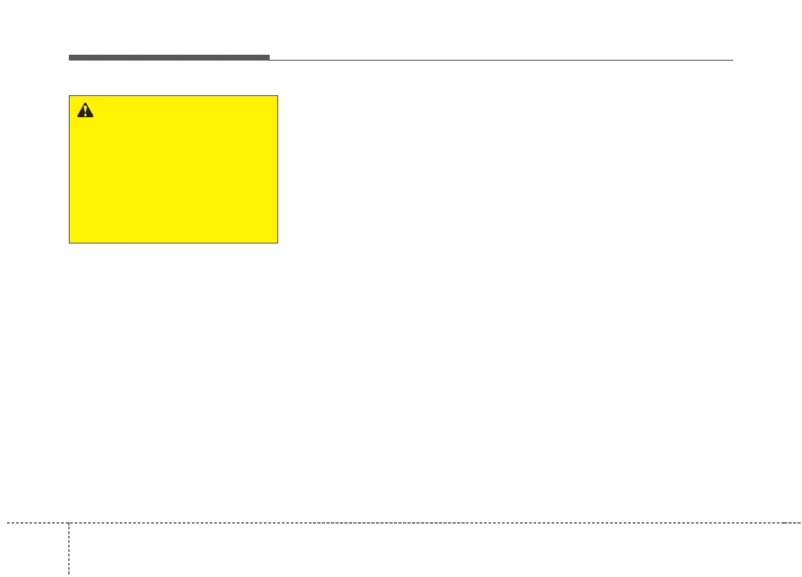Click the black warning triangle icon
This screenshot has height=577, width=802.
[x=85, y=111]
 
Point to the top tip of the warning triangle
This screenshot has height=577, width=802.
[x=85, y=103]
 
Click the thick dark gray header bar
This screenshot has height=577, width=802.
[x=169, y=57]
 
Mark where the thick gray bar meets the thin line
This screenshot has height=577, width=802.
[x=270, y=59]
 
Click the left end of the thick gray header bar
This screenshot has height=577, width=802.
[x=70, y=57]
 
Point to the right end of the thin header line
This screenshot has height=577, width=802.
[x=732, y=60]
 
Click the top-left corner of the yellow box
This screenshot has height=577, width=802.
[x=70, y=96]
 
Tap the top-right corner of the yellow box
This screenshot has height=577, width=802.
[x=277, y=96]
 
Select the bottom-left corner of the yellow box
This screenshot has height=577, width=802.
[x=70, y=243]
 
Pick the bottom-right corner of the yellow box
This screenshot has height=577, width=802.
[x=277, y=243]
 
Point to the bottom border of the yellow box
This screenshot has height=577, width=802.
[x=174, y=243]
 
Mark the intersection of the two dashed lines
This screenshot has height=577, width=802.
[x=69, y=523]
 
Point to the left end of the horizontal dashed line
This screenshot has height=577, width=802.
[x=7, y=523]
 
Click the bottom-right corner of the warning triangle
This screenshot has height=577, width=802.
[x=93, y=117]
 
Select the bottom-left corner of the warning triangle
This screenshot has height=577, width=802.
[x=77, y=117]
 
